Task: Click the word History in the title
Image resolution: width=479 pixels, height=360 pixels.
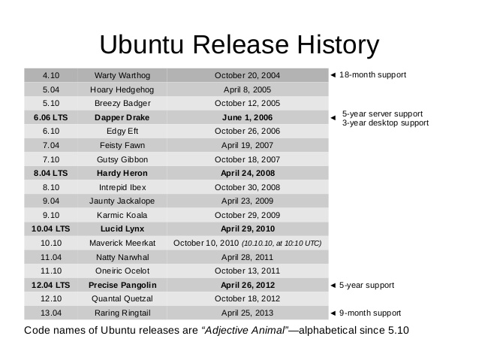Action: coord(338,45)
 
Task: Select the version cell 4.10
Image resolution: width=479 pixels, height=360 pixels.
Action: coord(51,75)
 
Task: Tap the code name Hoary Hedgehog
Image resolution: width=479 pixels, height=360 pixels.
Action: coord(122,89)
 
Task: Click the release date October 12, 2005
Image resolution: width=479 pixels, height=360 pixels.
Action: coord(247,104)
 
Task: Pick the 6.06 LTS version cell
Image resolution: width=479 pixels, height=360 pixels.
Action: coord(51,117)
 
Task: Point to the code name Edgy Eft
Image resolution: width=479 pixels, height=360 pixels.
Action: coord(122,132)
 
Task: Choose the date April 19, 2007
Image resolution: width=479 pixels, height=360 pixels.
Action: coord(247,145)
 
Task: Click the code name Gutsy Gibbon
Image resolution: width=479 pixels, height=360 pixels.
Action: coord(122,159)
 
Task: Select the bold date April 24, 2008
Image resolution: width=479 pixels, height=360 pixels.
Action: coord(248,173)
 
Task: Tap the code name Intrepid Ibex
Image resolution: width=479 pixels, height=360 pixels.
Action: coord(122,187)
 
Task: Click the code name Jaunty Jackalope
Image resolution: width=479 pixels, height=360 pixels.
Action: coord(122,201)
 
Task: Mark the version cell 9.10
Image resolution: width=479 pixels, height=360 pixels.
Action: coord(51,215)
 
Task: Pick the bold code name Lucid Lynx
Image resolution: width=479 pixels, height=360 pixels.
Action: coord(122,228)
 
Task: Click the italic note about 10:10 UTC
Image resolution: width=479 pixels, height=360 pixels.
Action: coord(282,244)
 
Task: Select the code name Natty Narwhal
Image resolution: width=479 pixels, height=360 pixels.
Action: coord(122,257)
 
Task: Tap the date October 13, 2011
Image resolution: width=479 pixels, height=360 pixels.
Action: coord(247,271)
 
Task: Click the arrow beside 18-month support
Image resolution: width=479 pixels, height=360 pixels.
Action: coord(333,75)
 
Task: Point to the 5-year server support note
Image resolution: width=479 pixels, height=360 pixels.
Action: coord(382,113)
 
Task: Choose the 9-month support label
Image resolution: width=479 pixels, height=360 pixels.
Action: coord(370,313)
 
